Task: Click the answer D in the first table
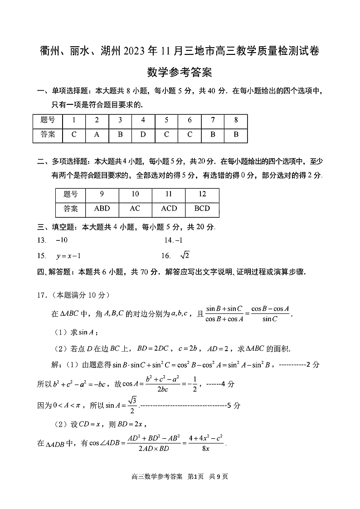click(143, 135)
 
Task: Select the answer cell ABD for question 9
click(102, 209)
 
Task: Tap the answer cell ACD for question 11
click(169, 209)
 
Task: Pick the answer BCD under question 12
click(202, 209)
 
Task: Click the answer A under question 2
click(97, 135)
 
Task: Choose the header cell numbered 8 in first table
click(236, 120)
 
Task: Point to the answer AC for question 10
click(135, 209)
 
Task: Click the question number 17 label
click(42, 295)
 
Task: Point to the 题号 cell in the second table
click(71, 194)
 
